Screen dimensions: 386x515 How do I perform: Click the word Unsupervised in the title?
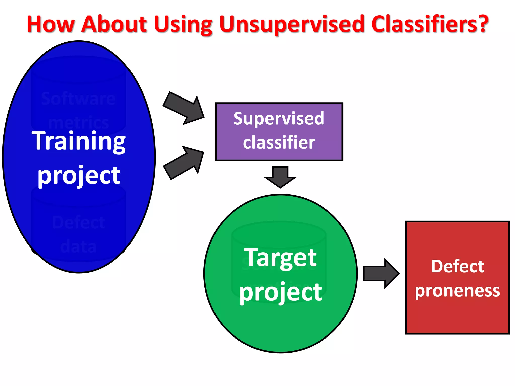[x=292, y=24]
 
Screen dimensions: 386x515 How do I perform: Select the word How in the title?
[x=51, y=24]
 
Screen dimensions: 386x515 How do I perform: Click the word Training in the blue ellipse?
[x=79, y=141]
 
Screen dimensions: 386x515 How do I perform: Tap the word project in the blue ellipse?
[x=79, y=176]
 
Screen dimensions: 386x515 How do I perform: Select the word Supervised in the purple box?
[x=279, y=119]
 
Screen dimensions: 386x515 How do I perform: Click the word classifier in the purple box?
[x=279, y=142]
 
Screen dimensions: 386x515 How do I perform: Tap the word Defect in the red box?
[x=457, y=266]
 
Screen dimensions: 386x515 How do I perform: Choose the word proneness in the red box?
[x=457, y=291]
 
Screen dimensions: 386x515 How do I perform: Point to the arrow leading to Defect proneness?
[x=381, y=273]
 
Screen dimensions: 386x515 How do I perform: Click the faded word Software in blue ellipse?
[x=78, y=99]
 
